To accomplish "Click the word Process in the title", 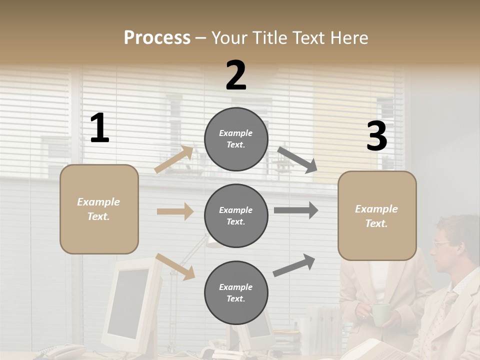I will (x=157, y=38).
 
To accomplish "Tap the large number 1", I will (x=99, y=128).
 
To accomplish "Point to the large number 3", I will (x=376, y=136).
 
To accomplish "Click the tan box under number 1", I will (x=99, y=209).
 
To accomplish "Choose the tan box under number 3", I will (x=377, y=215).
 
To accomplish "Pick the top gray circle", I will (x=236, y=139).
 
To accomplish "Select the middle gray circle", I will (x=236, y=215).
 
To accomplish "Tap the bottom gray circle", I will (x=236, y=292).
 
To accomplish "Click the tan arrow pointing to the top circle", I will (x=174, y=159).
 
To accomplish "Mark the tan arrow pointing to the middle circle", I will (x=175, y=211).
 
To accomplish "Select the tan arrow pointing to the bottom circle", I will (x=175, y=266).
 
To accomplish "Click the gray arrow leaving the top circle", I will (x=297, y=159).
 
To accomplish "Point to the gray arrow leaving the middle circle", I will (x=296, y=210).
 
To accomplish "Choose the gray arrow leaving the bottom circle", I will (x=294, y=265).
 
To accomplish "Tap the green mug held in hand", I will (x=380, y=313).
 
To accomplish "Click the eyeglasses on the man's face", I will (x=441, y=243).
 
